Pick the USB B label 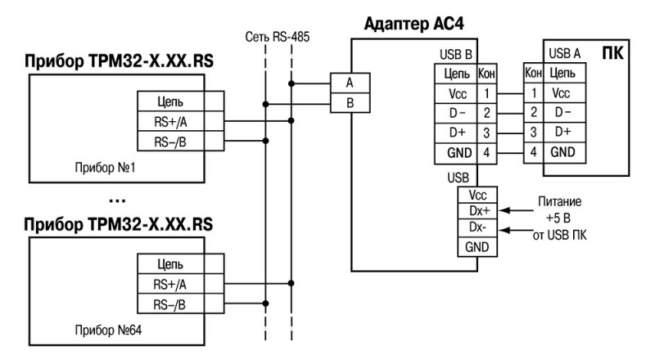coord(455,55)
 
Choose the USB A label coord(565,54)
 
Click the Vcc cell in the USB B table coord(455,94)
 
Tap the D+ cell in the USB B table coord(455,133)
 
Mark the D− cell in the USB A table coord(562,113)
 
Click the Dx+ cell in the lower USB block coord(479,211)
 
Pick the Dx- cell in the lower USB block coord(479,227)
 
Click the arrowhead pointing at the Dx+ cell coord(500,211)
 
